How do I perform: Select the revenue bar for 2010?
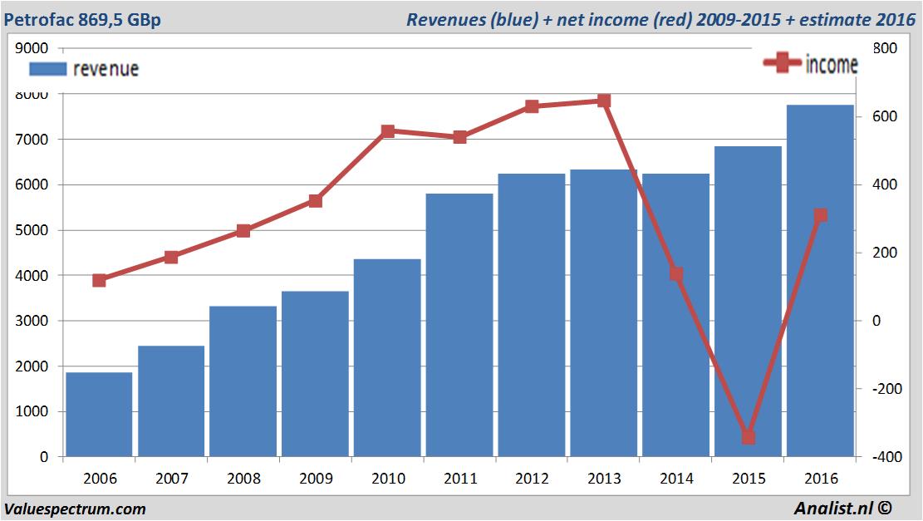coord(387,357)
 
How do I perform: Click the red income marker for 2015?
coord(748,436)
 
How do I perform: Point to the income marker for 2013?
coord(604,101)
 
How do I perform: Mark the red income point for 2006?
coord(99,280)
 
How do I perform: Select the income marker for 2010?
coord(387,131)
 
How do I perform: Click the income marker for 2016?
coord(820,215)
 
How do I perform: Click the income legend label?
coord(832,65)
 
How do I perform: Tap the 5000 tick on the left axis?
coord(32,230)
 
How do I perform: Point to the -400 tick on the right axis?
coord(881,457)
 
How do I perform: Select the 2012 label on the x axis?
coord(532,479)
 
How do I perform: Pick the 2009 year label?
coord(315,479)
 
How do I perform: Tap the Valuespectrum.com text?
coord(75,509)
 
